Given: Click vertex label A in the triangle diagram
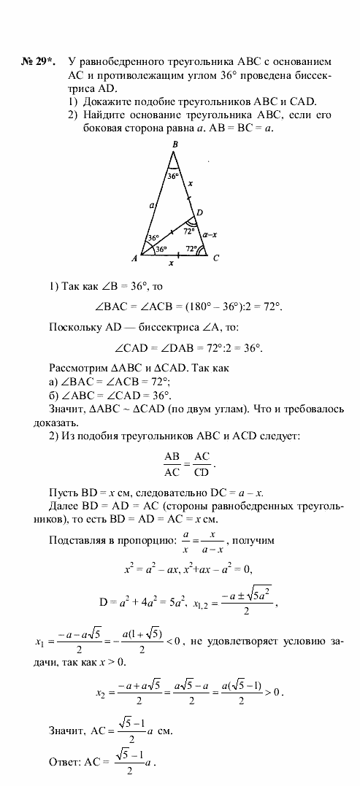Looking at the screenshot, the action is (x=135, y=258).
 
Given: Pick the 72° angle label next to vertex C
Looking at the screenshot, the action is (x=191, y=249).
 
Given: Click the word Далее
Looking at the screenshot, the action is (x=63, y=505).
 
